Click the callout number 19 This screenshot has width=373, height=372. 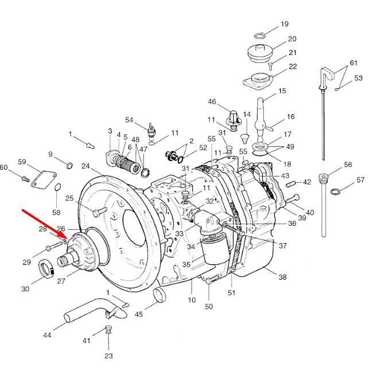pyautogui.click(x=285, y=24)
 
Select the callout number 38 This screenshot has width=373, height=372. pyautogui.click(x=282, y=277)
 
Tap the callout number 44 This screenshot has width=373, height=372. pyautogui.click(x=47, y=335)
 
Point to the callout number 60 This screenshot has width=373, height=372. pyautogui.click(x=3, y=167)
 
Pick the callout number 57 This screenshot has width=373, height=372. pyautogui.click(x=360, y=180)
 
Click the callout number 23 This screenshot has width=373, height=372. pyautogui.click(x=108, y=356)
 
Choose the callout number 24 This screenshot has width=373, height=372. pyautogui.click(x=86, y=166)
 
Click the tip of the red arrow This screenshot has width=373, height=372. pyautogui.click(x=68, y=239)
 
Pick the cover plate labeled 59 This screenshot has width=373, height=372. pyautogui.click(x=44, y=180)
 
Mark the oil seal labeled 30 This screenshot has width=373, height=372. pyautogui.click(x=46, y=269)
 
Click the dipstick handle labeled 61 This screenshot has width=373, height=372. pyautogui.click(x=328, y=74)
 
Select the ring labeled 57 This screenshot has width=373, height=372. pyautogui.click(x=336, y=191)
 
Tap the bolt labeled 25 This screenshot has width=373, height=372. pyautogui.click(x=100, y=212)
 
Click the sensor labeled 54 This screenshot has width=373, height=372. pyautogui.click(x=151, y=130)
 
